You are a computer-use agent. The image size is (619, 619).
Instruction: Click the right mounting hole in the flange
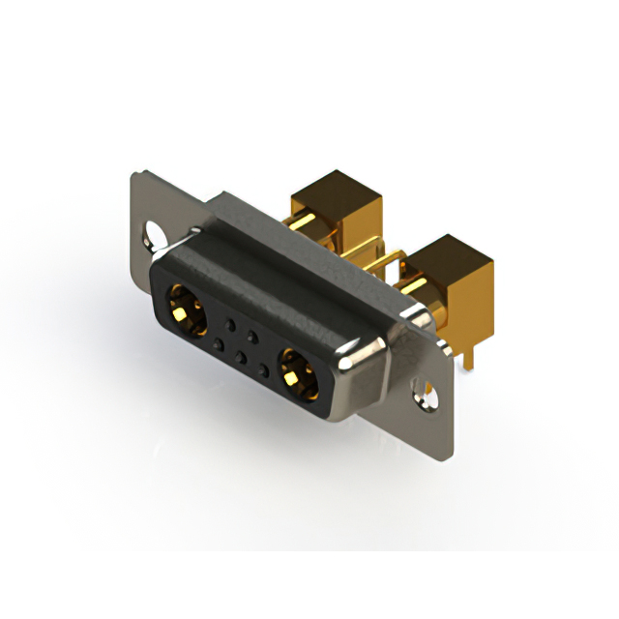coord(424,390)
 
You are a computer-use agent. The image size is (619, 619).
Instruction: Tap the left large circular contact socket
coord(189,309)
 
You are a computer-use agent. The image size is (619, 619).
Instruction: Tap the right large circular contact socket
coord(298,372)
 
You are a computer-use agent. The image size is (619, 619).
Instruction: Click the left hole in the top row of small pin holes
coord(229,320)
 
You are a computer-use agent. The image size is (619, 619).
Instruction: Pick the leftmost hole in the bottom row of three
coord(218,343)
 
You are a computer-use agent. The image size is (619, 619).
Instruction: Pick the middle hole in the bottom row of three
coord(241,357)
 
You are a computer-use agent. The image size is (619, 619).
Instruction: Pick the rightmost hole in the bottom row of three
coord(263,369)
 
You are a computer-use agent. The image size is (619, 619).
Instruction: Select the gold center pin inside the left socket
coord(187,311)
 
